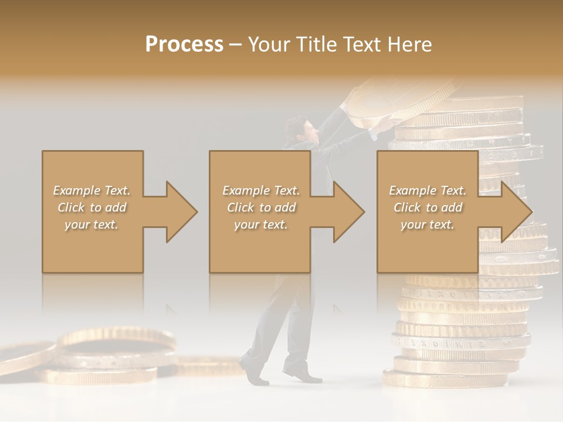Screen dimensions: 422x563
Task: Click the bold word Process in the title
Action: point(184,45)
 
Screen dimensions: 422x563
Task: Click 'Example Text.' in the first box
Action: point(92,190)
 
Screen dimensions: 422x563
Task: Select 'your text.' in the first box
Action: point(92,224)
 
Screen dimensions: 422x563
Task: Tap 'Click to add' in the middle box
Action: point(261,207)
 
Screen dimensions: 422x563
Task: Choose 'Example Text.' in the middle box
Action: point(261,190)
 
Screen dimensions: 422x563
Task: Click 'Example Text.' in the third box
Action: point(428,190)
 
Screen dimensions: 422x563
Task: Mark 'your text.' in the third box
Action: point(428,224)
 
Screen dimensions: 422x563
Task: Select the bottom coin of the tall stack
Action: point(446,379)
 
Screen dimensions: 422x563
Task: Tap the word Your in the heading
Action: point(270,45)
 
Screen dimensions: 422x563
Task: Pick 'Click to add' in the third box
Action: point(428,207)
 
